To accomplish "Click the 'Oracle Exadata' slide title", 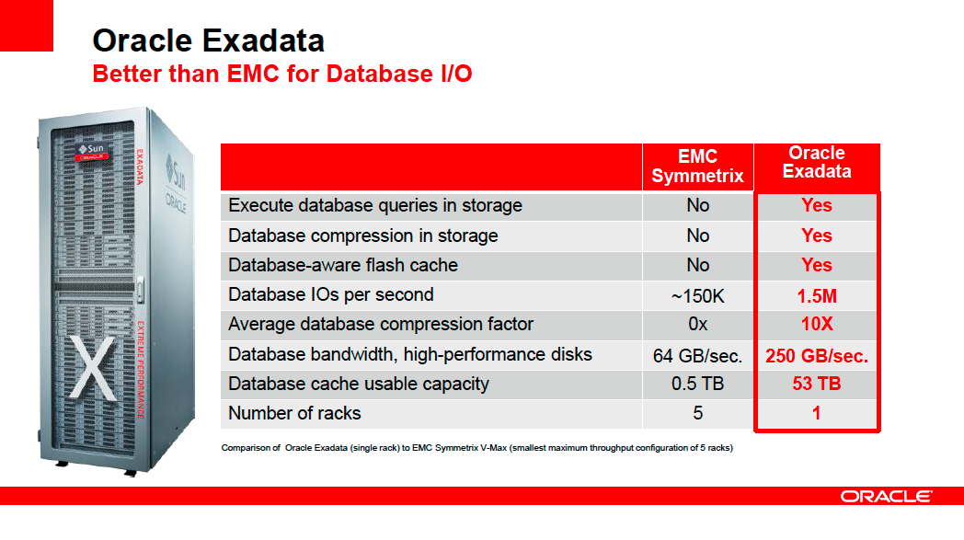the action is pyautogui.click(x=209, y=40).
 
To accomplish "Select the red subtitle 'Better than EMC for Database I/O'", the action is pyautogui.click(x=282, y=74).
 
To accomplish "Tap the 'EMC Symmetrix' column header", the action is pyautogui.click(x=698, y=167).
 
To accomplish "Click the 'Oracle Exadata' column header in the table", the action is pyautogui.click(x=817, y=162).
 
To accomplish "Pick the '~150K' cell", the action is pyautogui.click(x=698, y=296).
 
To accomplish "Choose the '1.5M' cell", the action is pyautogui.click(x=817, y=296).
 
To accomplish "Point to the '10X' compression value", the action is pyautogui.click(x=817, y=324).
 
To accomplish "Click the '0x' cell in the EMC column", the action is pyautogui.click(x=698, y=324).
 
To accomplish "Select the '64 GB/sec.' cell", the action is pyautogui.click(x=698, y=356).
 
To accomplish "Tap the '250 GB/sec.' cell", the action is pyautogui.click(x=817, y=356).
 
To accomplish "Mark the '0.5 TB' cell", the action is pyautogui.click(x=698, y=384).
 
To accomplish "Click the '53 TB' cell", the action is pyautogui.click(x=817, y=384).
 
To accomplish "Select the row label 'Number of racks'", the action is pyautogui.click(x=294, y=413).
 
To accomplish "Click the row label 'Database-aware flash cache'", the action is pyautogui.click(x=343, y=265).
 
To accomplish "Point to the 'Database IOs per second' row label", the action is pyautogui.click(x=331, y=294).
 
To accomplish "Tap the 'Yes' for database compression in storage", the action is pyautogui.click(x=817, y=236).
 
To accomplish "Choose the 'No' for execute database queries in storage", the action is pyautogui.click(x=698, y=205).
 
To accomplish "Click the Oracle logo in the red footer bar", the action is pyautogui.click(x=887, y=497).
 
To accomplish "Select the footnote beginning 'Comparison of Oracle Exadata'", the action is pyautogui.click(x=477, y=448).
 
